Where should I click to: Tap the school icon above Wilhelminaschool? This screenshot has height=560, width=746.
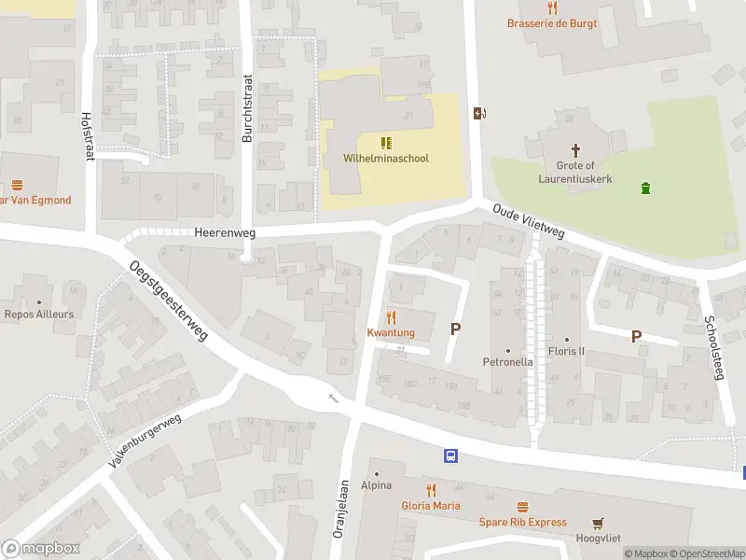pyautogui.click(x=385, y=142)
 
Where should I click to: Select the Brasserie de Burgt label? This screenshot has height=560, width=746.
pyautogui.click(x=552, y=23)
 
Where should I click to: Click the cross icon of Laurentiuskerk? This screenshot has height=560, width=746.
pyautogui.click(x=575, y=149)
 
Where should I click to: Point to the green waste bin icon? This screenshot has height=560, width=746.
pyautogui.click(x=645, y=189)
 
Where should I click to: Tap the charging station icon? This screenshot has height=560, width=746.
pyautogui.click(x=480, y=113)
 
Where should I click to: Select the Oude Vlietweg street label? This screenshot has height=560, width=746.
pyautogui.click(x=529, y=223)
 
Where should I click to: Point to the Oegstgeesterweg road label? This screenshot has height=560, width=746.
pyautogui.click(x=169, y=301)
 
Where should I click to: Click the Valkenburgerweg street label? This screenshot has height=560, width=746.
pyautogui.click(x=145, y=441)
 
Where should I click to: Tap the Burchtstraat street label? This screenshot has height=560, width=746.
pyautogui.click(x=247, y=108)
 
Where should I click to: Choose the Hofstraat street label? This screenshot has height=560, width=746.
pyautogui.click(x=88, y=137)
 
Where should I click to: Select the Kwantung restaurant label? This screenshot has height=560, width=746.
pyautogui.click(x=391, y=333)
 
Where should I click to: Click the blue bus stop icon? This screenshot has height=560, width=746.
pyautogui.click(x=451, y=456)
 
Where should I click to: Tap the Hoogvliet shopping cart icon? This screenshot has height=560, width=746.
pyautogui.click(x=598, y=523)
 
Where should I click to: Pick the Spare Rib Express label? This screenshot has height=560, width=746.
pyautogui.click(x=523, y=522)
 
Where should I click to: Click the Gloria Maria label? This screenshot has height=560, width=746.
pyautogui.click(x=431, y=506)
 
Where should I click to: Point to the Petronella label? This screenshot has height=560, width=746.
pyautogui.click(x=507, y=361)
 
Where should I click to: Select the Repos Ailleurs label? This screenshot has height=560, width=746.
pyautogui.click(x=39, y=315)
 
